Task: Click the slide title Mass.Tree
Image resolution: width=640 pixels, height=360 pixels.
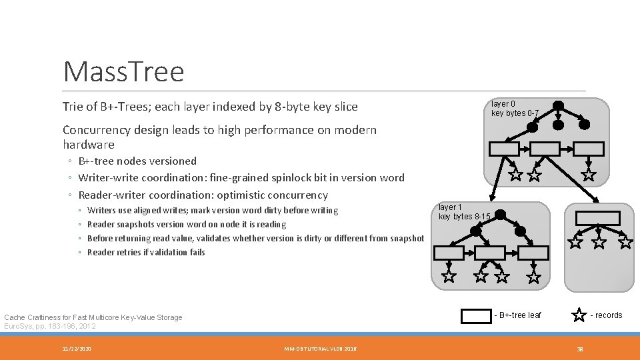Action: point(123,72)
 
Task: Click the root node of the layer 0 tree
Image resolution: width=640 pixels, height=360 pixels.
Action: point(559,105)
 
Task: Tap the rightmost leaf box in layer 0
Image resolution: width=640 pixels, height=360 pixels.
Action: point(589,149)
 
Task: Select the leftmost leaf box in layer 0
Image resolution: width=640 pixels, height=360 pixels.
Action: point(503,149)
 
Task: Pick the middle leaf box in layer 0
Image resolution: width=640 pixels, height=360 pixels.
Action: point(545,149)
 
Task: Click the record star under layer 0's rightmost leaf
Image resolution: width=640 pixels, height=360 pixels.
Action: point(589,175)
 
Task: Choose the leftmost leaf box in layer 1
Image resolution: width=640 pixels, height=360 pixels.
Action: point(449,253)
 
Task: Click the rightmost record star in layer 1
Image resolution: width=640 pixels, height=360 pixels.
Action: point(534,276)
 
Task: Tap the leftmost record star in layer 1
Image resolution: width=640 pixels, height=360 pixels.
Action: point(449,276)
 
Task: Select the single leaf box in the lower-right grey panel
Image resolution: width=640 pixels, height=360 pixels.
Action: point(598,218)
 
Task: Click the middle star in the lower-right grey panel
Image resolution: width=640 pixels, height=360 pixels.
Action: point(599,242)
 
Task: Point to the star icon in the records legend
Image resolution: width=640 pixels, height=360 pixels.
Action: point(579,315)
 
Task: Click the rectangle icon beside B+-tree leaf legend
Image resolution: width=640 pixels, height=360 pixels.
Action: point(476,316)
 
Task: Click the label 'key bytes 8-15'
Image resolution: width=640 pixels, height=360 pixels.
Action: point(465,217)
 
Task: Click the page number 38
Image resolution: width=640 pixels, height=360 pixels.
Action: point(580,349)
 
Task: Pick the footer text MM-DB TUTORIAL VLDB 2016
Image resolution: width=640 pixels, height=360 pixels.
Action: point(320,349)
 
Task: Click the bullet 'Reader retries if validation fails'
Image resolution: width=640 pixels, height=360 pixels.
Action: point(146,252)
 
